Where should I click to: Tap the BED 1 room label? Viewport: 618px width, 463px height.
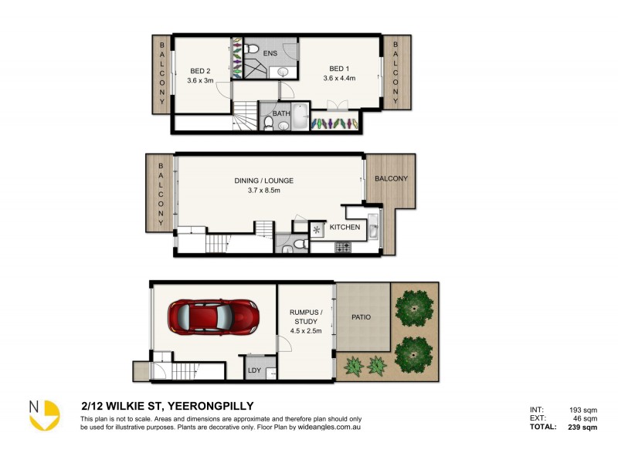tap(337, 68)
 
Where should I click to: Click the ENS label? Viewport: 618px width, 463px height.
tap(270, 53)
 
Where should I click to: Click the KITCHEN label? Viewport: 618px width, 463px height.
tap(345, 228)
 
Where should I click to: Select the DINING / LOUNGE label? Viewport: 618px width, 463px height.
tap(264, 181)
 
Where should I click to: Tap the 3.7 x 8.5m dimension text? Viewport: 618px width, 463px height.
tap(264, 191)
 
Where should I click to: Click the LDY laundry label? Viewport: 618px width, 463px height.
tap(254, 371)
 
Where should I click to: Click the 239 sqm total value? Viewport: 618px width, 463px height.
tap(583, 427)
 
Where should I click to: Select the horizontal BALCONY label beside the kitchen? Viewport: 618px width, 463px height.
tap(391, 179)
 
